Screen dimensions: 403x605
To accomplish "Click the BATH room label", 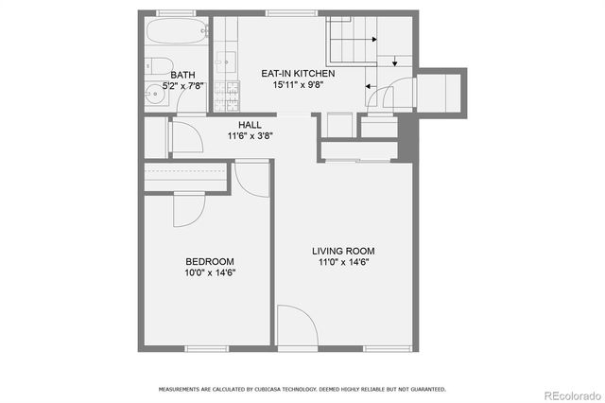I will point(183,75).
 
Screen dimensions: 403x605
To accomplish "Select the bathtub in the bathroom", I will point(176,34).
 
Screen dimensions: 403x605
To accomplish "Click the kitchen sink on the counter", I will point(226,62).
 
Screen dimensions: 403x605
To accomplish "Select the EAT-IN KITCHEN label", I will point(298,73).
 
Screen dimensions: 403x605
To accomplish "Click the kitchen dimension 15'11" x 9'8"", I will point(298,84).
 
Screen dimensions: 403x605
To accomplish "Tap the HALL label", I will point(251,125).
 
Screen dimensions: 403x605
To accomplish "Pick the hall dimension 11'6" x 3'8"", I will point(251,136).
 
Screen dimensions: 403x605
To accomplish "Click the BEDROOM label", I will point(210,261).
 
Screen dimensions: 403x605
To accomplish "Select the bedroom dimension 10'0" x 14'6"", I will point(210,272).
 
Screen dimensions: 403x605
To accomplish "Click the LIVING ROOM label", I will point(344,251).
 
